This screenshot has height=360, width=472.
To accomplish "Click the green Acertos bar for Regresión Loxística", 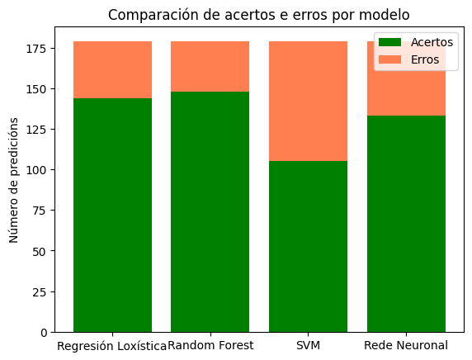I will (112, 215).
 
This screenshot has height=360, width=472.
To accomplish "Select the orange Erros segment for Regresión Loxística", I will (112, 70).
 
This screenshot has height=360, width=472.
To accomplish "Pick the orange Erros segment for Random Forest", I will (210, 67).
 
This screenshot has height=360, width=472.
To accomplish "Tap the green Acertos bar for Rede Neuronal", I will (406, 223).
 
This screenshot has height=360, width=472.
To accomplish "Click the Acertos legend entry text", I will (432, 42).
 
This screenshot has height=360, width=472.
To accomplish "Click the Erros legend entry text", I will (426, 59).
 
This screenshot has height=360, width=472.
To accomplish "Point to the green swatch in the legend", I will (390, 42).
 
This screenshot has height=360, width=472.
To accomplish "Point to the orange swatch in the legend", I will (390, 59).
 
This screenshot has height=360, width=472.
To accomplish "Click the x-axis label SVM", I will (308, 345).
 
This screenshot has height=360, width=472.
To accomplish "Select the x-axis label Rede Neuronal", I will (406, 345).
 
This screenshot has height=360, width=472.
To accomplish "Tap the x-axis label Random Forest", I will (210, 345).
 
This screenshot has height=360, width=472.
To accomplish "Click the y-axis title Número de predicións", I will (14, 179).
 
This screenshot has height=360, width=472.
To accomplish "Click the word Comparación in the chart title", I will (146, 14).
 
